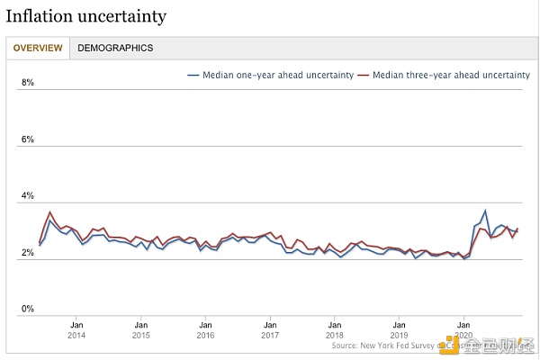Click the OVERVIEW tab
point(38,48)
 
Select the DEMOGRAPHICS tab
point(115,48)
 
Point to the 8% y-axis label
point(27,83)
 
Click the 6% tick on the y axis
point(27,139)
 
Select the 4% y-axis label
point(27,196)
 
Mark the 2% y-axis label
point(27,253)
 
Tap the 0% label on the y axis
point(27,310)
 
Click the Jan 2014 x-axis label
point(76,329)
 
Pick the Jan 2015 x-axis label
point(141,329)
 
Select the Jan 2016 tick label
point(206,329)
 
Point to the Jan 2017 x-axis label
point(270,329)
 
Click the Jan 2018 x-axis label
point(335,329)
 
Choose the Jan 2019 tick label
point(400,329)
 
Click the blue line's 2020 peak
point(485,211)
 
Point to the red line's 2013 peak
point(49,212)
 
